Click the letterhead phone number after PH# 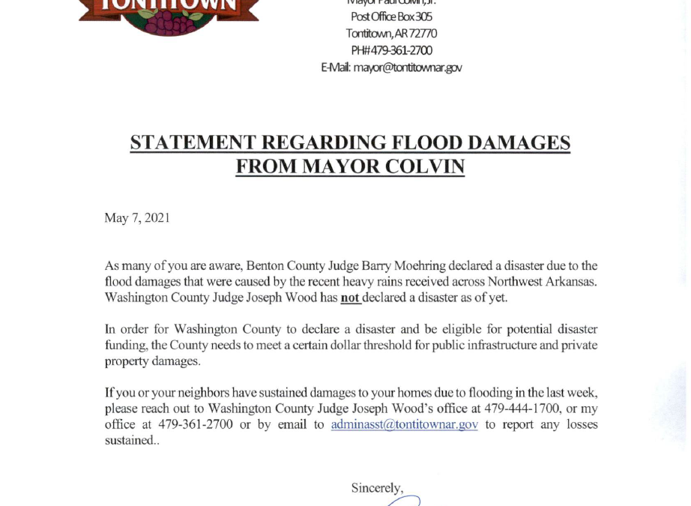tap(402, 50)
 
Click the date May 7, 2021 tap(137, 218)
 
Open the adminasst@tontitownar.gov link tap(404, 424)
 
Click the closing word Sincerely tap(376, 488)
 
